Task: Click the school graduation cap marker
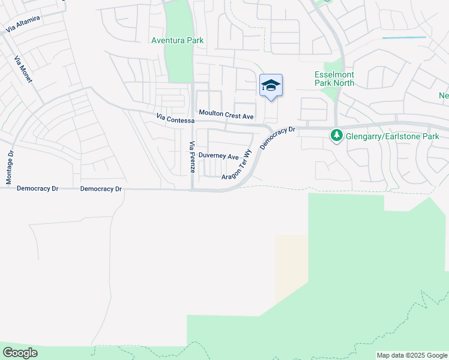coord(271,86)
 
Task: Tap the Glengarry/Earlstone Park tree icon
coord(337,137)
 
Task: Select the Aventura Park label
coord(178,41)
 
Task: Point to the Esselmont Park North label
coord(334,79)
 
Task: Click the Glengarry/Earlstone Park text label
coord(393,137)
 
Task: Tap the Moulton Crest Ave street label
coord(226,114)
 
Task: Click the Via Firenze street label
coord(192,157)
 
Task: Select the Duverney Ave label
coord(218,155)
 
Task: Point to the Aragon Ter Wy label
coord(235,165)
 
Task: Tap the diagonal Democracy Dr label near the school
coord(278,137)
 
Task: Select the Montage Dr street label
coord(10,167)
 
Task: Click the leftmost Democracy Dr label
coord(37,188)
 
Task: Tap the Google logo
coord(20,353)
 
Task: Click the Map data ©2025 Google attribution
coord(412,355)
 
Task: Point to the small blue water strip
coord(403,38)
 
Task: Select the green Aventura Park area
coord(179,60)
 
